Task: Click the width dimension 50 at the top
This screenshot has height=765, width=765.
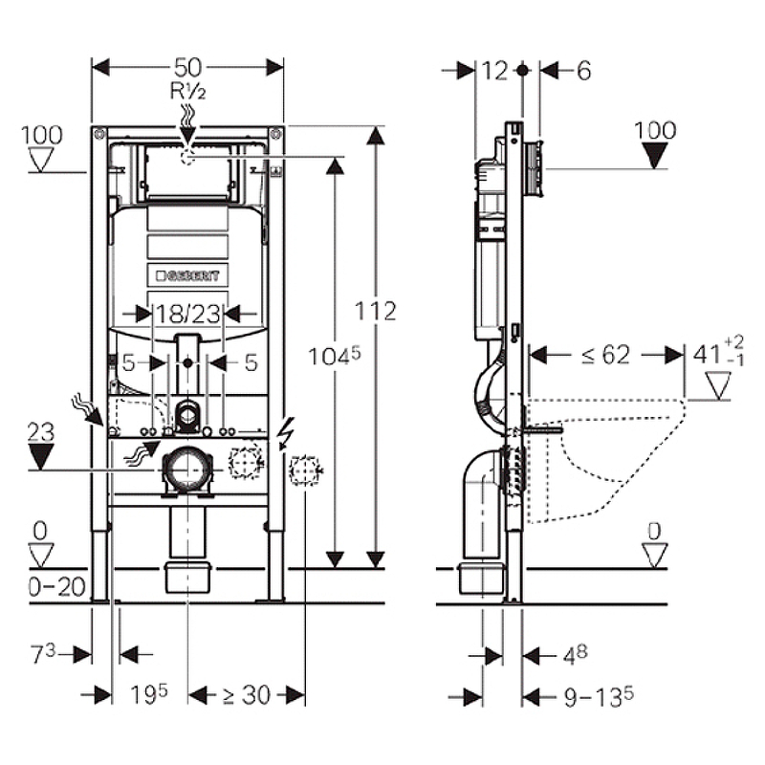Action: coord(188,67)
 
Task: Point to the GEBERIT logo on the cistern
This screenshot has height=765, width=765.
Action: coord(187,275)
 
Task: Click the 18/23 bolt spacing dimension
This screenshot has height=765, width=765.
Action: coord(187,312)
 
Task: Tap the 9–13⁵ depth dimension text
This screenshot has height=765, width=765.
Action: coord(593,696)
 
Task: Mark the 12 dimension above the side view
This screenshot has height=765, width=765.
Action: coord(494,70)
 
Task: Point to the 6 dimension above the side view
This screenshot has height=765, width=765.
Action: coord(584,70)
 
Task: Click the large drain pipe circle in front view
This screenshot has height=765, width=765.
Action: coord(188,469)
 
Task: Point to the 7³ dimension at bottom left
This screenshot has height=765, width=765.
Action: coord(43,654)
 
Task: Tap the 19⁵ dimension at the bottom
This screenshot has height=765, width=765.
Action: coord(149,695)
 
